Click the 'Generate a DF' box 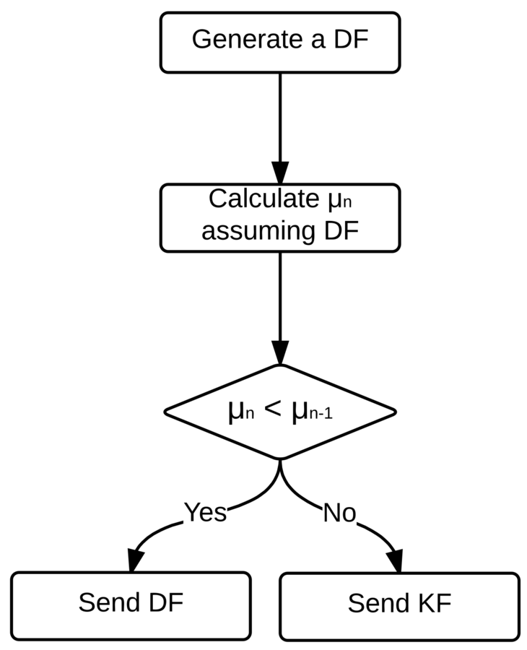(x=279, y=42)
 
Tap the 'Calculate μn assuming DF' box (x=279, y=217)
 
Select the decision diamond (x=279, y=412)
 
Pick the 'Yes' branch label (x=205, y=512)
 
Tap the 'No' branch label (x=339, y=513)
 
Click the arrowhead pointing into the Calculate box (x=279, y=172)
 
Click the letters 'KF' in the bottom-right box (x=433, y=604)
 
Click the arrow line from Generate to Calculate (x=279, y=116)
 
